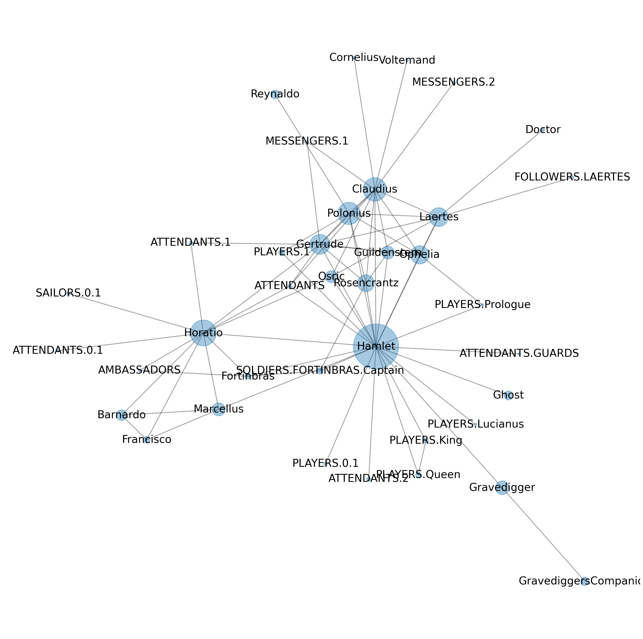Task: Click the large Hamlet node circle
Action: point(376,346)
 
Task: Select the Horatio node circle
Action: point(203,333)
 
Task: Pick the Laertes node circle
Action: point(439,217)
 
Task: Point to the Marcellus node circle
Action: point(218,409)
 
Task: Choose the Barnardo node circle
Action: point(121,415)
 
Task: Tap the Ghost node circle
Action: point(508,395)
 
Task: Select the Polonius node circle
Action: point(349,213)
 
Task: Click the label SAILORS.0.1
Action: point(68,293)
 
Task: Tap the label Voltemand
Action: point(407,60)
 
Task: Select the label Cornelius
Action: point(354,58)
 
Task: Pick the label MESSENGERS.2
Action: point(453,82)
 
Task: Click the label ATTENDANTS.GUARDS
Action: point(519,354)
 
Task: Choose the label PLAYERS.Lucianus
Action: point(475,424)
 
